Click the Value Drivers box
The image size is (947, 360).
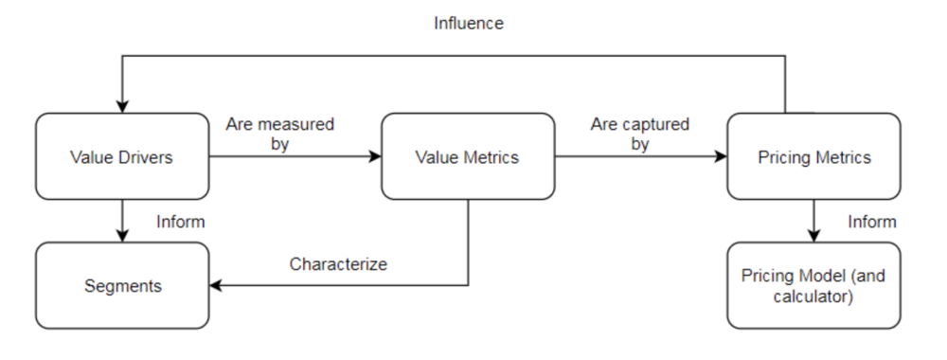click(x=121, y=157)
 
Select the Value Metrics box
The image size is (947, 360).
click(x=467, y=157)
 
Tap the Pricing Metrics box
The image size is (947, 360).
click(x=813, y=157)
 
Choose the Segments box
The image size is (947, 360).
click(x=121, y=284)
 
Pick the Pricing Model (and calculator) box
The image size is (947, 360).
click(x=813, y=284)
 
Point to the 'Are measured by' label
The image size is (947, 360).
click(x=279, y=134)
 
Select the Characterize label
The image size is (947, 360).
click(x=338, y=264)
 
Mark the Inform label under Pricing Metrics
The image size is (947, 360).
click(x=872, y=222)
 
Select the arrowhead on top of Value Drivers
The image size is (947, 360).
click(x=121, y=106)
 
